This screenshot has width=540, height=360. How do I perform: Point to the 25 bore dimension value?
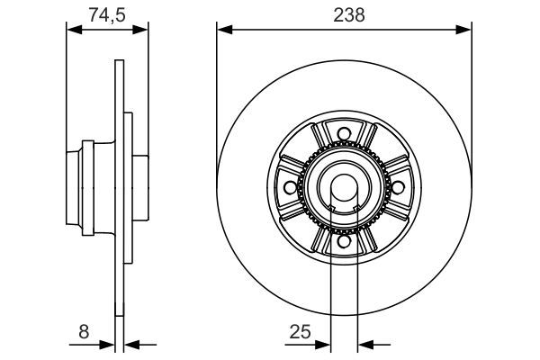pos(299,331)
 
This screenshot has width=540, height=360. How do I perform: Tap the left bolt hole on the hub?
pos(290,188)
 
